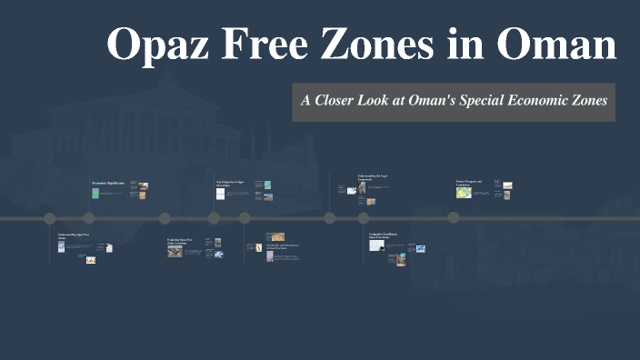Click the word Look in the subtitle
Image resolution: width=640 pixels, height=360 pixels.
385,101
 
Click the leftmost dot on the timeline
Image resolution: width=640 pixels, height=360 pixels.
50,218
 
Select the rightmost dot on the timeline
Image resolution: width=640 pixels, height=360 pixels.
453,218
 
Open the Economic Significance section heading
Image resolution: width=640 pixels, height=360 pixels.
108,184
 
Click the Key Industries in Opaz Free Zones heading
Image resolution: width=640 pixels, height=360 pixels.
230,183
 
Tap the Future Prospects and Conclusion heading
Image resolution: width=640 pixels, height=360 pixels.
469,183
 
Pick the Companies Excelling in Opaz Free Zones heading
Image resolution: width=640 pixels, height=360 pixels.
381,235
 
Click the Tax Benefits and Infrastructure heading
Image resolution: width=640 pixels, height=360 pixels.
283,246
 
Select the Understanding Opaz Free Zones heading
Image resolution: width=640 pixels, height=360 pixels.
74,236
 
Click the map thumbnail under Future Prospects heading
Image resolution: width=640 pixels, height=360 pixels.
464,193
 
